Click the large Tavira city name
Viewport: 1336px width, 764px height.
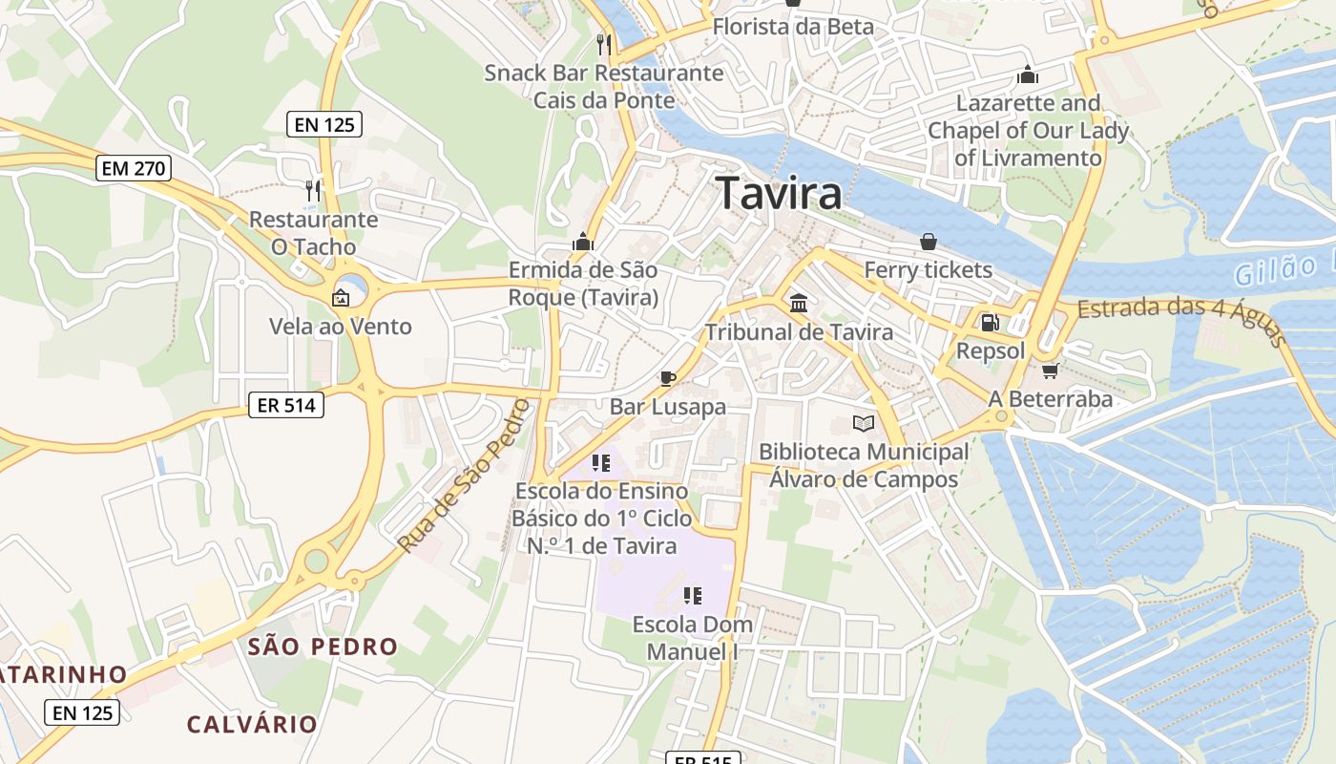[x=780, y=193]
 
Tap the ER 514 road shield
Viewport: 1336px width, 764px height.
[x=286, y=405]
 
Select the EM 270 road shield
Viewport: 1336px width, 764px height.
[x=134, y=169]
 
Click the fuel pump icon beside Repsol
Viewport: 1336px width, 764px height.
[x=991, y=323]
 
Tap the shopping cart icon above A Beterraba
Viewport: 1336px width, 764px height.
[x=1050, y=371]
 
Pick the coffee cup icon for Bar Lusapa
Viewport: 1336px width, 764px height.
[x=668, y=378]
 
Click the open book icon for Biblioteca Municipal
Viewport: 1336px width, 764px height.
[x=864, y=423]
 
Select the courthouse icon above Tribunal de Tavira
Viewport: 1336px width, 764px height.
[x=799, y=304]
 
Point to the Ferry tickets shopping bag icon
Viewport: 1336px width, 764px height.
[x=928, y=242]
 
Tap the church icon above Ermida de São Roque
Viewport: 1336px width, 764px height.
[x=582, y=242]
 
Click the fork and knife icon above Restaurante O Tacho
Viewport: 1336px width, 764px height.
[x=312, y=190]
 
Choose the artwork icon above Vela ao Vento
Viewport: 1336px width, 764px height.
[x=340, y=298]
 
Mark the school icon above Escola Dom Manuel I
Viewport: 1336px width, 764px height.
[x=693, y=596]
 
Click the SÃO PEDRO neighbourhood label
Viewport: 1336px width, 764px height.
[x=323, y=647]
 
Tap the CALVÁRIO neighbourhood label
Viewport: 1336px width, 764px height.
[x=252, y=724]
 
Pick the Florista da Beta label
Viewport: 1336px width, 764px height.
[x=793, y=27]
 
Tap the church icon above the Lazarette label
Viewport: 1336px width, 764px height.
[x=1028, y=74]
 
